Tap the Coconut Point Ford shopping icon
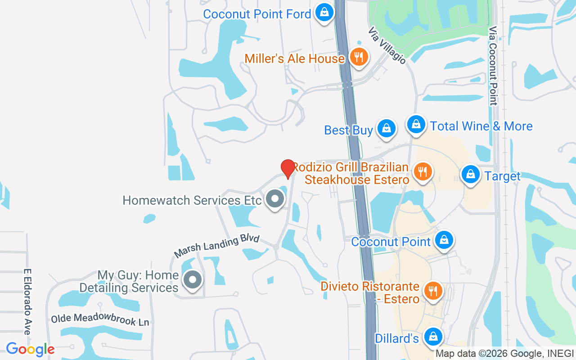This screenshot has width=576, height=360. (x=324, y=13)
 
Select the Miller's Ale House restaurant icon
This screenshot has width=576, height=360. (x=359, y=57)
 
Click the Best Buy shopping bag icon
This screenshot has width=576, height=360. (x=386, y=129)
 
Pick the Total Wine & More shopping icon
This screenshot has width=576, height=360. (x=416, y=124)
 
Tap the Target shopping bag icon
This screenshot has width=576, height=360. (x=470, y=174)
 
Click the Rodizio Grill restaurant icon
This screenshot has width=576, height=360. (x=422, y=172)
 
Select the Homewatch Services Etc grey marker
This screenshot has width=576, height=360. (x=274, y=199)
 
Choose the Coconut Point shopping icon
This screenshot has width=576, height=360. (x=444, y=240)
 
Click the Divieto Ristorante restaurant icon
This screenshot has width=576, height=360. (x=433, y=291)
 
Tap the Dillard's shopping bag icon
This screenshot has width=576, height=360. (x=433, y=337)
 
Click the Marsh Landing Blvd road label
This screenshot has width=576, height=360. (x=217, y=247)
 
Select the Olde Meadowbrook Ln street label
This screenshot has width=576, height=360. (x=100, y=319)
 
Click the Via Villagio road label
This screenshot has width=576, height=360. (x=387, y=45)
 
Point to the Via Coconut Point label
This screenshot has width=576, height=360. (x=493, y=66)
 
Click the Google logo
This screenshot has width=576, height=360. (x=30, y=349)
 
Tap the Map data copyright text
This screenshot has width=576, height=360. (x=505, y=354)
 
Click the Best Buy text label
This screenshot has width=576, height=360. (x=348, y=130)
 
